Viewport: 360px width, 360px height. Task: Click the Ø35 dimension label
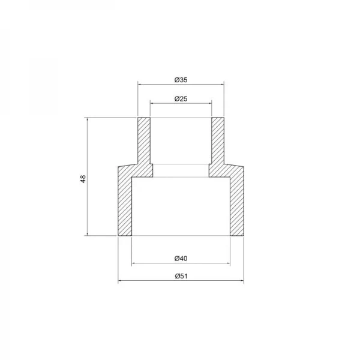pyautogui.click(x=181, y=79)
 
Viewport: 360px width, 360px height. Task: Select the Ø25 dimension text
pyautogui.click(x=181, y=98)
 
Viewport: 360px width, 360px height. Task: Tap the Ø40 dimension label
pyautogui.click(x=181, y=259)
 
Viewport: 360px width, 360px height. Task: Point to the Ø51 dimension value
pyautogui.click(x=181, y=276)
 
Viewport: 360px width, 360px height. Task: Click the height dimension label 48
pyautogui.click(x=83, y=178)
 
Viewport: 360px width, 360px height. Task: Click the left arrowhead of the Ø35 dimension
pyautogui.click(x=140, y=85)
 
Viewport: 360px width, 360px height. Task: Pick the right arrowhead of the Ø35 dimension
pyautogui.click(x=222, y=85)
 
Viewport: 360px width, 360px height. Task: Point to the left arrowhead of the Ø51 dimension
pyautogui.click(x=119, y=281)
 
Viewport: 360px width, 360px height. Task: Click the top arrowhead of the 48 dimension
pyautogui.click(x=88, y=121)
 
